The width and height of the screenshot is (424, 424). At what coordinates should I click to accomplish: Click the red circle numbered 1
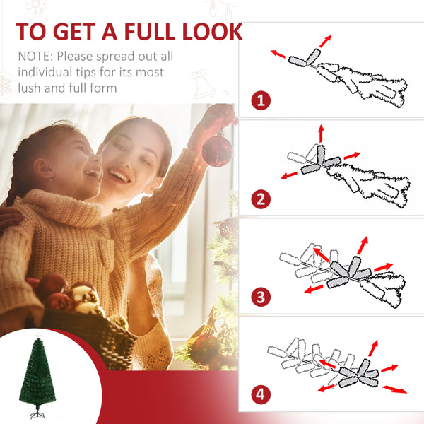[x=261, y=100]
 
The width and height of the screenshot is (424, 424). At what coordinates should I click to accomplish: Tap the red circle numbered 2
[x=261, y=199]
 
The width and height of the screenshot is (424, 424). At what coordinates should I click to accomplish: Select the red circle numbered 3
[x=261, y=297]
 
